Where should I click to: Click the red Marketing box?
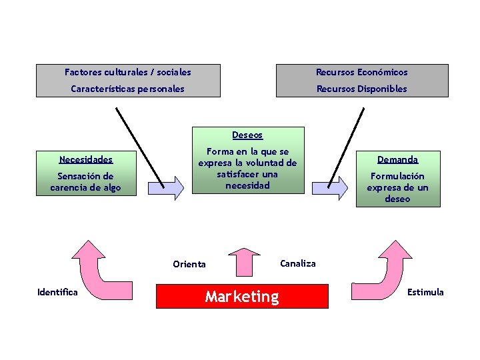[242, 297]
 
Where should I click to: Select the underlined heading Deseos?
[247, 135]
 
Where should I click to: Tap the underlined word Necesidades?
[85, 159]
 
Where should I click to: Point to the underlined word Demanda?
[397, 159]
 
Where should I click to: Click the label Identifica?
[57, 292]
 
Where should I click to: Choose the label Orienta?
[189, 264]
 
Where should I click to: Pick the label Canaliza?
[298, 263]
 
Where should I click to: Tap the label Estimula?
[425, 292]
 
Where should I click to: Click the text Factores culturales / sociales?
[127, 72]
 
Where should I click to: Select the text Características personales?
[127, 89]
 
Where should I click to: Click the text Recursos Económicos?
[361, 72]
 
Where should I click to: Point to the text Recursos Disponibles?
[361, 89]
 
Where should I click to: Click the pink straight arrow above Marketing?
[241, 261]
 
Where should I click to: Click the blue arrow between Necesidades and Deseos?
[167, 187]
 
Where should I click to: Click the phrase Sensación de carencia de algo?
[85, 182]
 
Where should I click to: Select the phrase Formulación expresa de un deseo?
[397, 187]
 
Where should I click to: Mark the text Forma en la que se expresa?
[247, 157]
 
